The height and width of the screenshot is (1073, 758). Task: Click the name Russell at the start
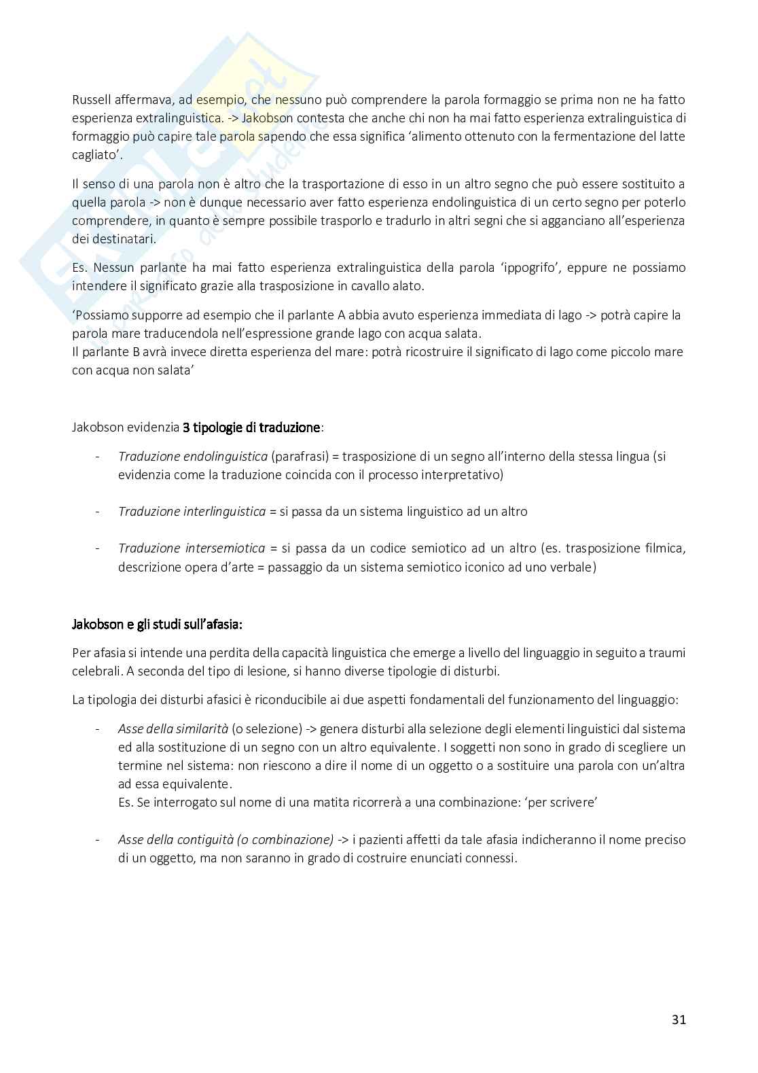tap(92, 99)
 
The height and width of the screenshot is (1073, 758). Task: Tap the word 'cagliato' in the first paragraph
tap(96, 154)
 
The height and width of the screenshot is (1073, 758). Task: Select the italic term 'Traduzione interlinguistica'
tap(192, 511)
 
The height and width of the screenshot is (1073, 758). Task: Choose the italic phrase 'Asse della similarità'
tap(173, 729)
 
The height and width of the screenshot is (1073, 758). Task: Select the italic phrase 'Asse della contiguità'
tap(174, 839)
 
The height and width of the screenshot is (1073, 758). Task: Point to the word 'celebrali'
tap(96, 671)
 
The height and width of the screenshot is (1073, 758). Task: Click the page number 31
tap(679, 1019)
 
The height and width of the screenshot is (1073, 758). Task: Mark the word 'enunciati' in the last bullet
tap(434, 858)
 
